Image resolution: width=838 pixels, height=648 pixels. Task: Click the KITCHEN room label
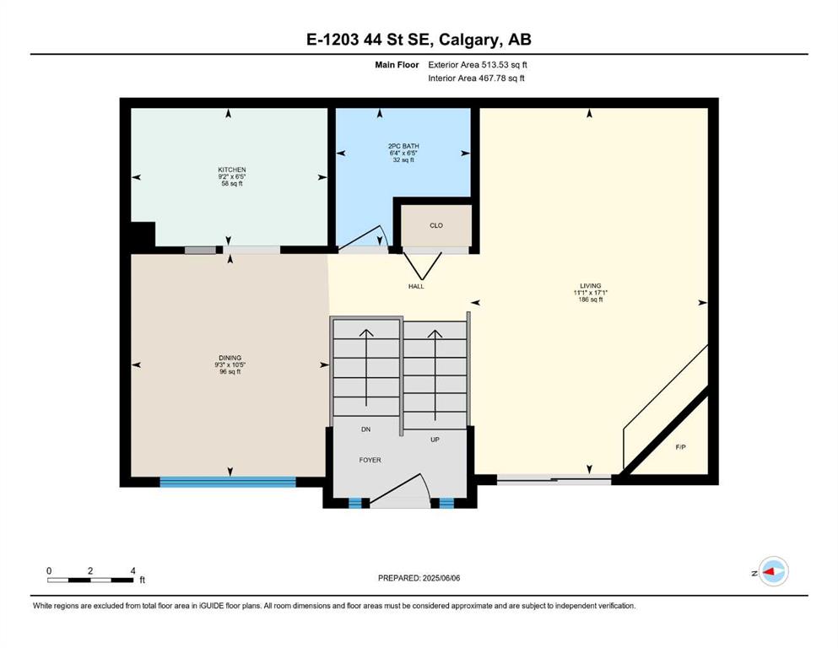(x=232, y=170)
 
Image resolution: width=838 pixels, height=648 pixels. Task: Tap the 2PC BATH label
(x=403, y=146)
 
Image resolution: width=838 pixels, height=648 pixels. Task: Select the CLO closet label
(x=436, y=225)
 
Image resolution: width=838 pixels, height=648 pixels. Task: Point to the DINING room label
(x=230, y=358)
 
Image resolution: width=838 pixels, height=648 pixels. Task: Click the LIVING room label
(x=591, y=286)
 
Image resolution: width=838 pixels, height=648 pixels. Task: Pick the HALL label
(x=416, y=286)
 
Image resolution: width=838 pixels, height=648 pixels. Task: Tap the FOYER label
(x=370, y=460)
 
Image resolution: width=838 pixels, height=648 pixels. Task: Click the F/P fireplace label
(x=680, y=447)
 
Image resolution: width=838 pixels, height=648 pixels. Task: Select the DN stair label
(x=365, y=429)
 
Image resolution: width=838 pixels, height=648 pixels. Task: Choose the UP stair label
(x=435, y=440)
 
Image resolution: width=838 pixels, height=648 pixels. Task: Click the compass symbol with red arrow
(x=773, y=571)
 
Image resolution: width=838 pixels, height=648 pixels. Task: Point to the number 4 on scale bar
(x=132, y=570)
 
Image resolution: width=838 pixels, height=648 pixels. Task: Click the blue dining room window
(x=228, y=482)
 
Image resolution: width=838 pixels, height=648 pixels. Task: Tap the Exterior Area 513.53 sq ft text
(x=478, y=65)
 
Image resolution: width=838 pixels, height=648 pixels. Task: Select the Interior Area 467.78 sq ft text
(x=476, y=78)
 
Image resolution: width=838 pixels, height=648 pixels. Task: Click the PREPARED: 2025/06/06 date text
(x=419, y=578)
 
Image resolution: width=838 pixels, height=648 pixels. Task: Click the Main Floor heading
(x=397, y=65)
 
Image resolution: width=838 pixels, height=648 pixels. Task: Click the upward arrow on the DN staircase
(x=366, y=368)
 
